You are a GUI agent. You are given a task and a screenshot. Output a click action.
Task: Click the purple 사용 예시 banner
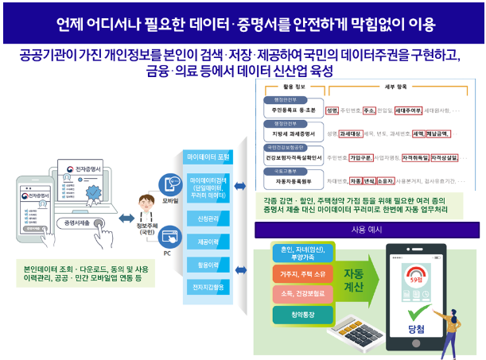[367, 230]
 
